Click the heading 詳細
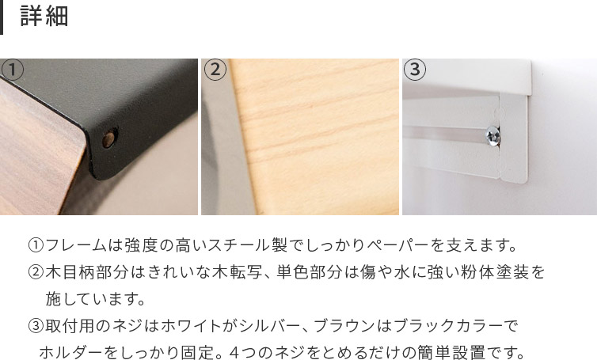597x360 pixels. [x=44, y=17]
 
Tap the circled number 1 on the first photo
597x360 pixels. [x=12, y=70]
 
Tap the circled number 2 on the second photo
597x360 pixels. [x=215, y=70]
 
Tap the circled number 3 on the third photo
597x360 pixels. [x=415, y=70]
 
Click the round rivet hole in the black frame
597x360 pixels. [x=109, y=139]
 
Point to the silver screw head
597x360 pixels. [x=493, y=136]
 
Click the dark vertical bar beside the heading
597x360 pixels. [x=1, y=17]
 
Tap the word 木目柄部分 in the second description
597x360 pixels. [x=86, y=272]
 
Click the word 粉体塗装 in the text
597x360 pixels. [x=495, y=272]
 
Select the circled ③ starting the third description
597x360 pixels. [x=36, y=326]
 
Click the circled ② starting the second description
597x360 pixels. [x=36, y=272]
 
